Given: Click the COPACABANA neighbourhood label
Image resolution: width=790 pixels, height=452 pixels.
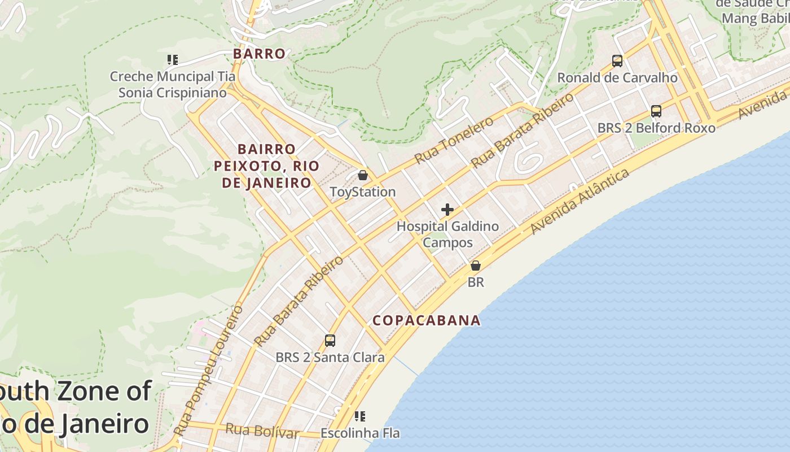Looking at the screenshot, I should [x=427, y=320].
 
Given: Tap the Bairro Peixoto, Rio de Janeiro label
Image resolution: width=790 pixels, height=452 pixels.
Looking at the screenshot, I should [x=266, y=166].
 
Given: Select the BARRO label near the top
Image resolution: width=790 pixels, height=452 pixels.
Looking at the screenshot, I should [x=260, y=54].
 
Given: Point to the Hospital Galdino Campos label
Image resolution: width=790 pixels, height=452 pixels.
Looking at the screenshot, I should [x=447, y=234].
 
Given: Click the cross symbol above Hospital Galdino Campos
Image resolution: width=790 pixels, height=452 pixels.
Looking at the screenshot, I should [x=447, y=210].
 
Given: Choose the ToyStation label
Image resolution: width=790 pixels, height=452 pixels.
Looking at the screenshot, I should [x=363, y=192].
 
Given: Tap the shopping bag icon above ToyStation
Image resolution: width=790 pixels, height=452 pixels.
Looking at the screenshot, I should [x=363, y=175].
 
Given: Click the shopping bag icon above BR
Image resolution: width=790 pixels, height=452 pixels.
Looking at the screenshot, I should [x=476, y=265].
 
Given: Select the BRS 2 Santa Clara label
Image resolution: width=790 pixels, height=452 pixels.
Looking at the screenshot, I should [x=330, y=357].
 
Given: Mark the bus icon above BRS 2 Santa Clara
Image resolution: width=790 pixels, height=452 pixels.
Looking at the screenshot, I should [x=330, y=341].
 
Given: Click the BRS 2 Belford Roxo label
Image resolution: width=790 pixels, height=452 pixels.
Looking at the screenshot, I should [x=656, y=128].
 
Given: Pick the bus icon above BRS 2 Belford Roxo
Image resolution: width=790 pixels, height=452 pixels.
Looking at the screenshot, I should [x=656, y=111].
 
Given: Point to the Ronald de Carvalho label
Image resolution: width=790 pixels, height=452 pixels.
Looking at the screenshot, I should [x=617, y=78].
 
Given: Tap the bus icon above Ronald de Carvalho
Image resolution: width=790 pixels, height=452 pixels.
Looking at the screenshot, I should [x=617, y=60].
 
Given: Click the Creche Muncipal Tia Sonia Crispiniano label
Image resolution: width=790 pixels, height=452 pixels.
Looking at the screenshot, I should [x=173, y=84].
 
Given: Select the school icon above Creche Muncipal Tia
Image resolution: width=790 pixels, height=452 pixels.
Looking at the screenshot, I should [x=173, y=59].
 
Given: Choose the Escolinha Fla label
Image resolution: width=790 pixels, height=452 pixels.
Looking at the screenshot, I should [x=360, y=433].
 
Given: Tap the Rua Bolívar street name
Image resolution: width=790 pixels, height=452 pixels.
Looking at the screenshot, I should [x=262, y=431].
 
